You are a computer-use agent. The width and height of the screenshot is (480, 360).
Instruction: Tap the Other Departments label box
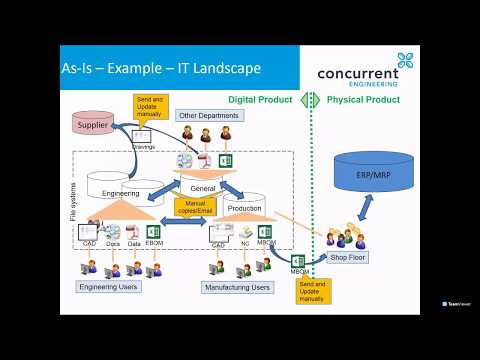pos(208,115)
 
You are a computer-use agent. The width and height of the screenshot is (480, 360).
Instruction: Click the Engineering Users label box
pos(109,286)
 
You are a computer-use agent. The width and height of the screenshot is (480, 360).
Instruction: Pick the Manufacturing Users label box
pos(237,287)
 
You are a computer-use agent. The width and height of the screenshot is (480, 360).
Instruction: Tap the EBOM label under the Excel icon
pos(154,243)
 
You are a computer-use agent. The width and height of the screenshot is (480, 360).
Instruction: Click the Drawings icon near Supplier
pos(143,137)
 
